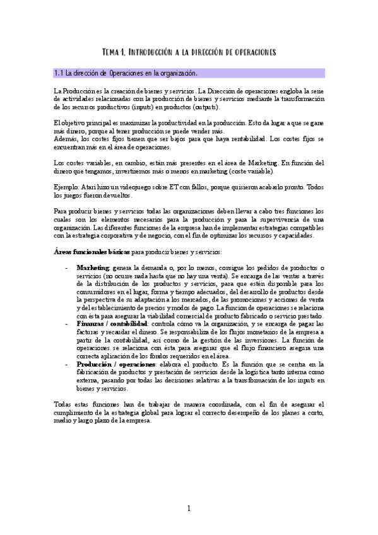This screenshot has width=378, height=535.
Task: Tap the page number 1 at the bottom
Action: (189, 509)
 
